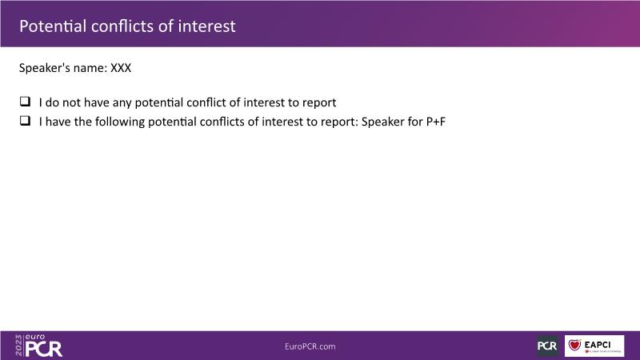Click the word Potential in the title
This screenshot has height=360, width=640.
pyautogui.click(x=53, y=26)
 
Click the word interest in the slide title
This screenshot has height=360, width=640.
pyautogui.click(x=206, y=26)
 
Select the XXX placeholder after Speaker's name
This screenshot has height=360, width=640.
pyautogui.click(x=121, y=68)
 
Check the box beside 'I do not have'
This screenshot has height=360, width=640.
pyautogui.click(x=26, y=102)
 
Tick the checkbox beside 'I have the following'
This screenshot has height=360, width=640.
pyautogui.click(x=26, y=121)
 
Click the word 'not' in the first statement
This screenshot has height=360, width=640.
pyautogui.click(x=71, y=102)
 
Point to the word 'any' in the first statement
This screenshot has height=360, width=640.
pyautogui.click(x=122, y=103)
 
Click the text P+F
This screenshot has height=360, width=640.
pyautogui.click(x=435, y=122)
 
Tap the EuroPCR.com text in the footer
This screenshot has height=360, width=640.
pyautogui.click(x=310, y=346)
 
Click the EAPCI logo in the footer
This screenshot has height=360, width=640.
pyautogui.click(x=594, y=346)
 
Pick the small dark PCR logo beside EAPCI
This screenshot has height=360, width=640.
pyautogui.click(x=547, y=346)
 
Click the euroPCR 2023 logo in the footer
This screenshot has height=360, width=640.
pyautogui.click(x=39, y=346)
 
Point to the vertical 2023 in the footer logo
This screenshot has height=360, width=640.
pyautogui.click(x=18, y=346)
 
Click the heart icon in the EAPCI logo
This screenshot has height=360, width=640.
pyautogui.click(x=574, y=345)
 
